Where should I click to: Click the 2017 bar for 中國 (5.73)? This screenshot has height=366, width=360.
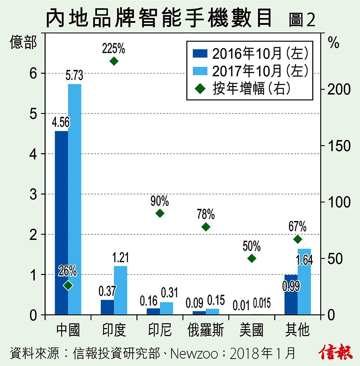[x=75, y=199]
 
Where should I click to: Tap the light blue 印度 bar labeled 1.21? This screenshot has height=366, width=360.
[x=121, y=290]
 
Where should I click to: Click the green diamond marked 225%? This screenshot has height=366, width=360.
[x=114, y=61]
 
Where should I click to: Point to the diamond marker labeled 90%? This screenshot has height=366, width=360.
[x=160, y=213]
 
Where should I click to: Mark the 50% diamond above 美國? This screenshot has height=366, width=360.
[x=252, y=259]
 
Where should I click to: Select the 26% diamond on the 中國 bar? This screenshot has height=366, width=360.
[x=68, y=285]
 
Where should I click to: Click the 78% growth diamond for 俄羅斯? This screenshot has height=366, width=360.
[x=206, y=227]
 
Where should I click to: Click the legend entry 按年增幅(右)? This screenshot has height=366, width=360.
[x=251, y=89]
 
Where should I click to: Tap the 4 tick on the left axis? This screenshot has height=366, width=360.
[x=33, y=154]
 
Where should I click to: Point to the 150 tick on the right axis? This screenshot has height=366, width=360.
[x=339, y=146]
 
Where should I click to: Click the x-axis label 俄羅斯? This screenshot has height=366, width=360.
[x=206, y=331]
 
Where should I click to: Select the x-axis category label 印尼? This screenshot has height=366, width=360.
[x=160, y=331]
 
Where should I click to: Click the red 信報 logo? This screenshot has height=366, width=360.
[x=336, y=352]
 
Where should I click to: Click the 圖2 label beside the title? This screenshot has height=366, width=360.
[x=302, y=20]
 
